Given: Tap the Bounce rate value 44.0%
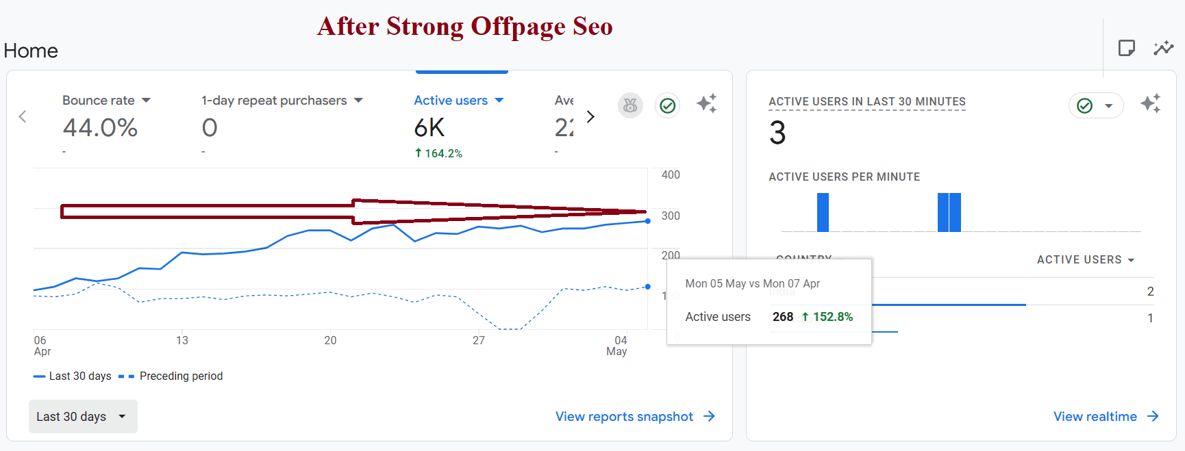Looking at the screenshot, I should pyautogui.click(x=100, y=128).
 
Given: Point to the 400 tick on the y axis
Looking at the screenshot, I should pyautogui.click(x=671, y=175).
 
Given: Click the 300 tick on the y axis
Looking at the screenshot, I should pyautogui.click(x=671, y=216).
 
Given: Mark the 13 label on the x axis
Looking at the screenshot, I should pyautogui.click(x=182, y=340).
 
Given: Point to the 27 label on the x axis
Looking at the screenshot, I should pyautogui.click(x=479, y=340).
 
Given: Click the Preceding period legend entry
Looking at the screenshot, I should pyautogui.click(x=180, y=376).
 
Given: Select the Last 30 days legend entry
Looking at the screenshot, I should pyautogui.click(x=79, y=376).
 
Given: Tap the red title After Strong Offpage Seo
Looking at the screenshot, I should pyautogui.click(x=464, y=27).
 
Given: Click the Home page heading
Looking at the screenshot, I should pyautogui.click(x=31, y=51).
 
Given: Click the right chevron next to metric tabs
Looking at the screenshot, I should pyautogui.click(x=590, y=117).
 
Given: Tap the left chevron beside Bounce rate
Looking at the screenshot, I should pyautogui.click(x=23, y=116).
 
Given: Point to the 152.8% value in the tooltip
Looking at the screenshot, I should pyautogui.click(x=832, y=317).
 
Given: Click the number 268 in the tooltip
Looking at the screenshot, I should pyautogui.click(x=783, y=317).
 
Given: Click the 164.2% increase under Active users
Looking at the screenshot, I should pyautogui.click(x=442, y=154).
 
